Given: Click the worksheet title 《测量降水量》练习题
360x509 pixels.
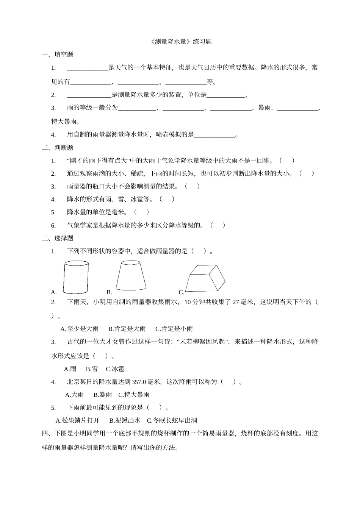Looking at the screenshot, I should [x=180, y=42].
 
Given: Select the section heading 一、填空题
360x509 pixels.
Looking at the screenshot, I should [x=58, y=55].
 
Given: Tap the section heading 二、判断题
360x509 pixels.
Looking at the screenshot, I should [x=58, y=148].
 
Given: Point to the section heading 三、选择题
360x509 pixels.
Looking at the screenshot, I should [x=58, y=238].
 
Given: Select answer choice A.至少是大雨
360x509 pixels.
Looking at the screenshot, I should [x=80, y=329].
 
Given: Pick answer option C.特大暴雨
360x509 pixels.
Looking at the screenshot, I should [x=134, y=395].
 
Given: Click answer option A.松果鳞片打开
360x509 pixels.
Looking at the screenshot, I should [x=78, y=420].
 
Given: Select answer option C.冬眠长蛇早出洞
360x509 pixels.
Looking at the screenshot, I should [x=172, y=420].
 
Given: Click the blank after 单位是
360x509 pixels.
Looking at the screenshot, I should [x=226, y=95].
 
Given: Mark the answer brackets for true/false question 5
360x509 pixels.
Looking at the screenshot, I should [x=141, y=212].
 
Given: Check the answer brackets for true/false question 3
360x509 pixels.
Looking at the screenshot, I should [x=193, y=186].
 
